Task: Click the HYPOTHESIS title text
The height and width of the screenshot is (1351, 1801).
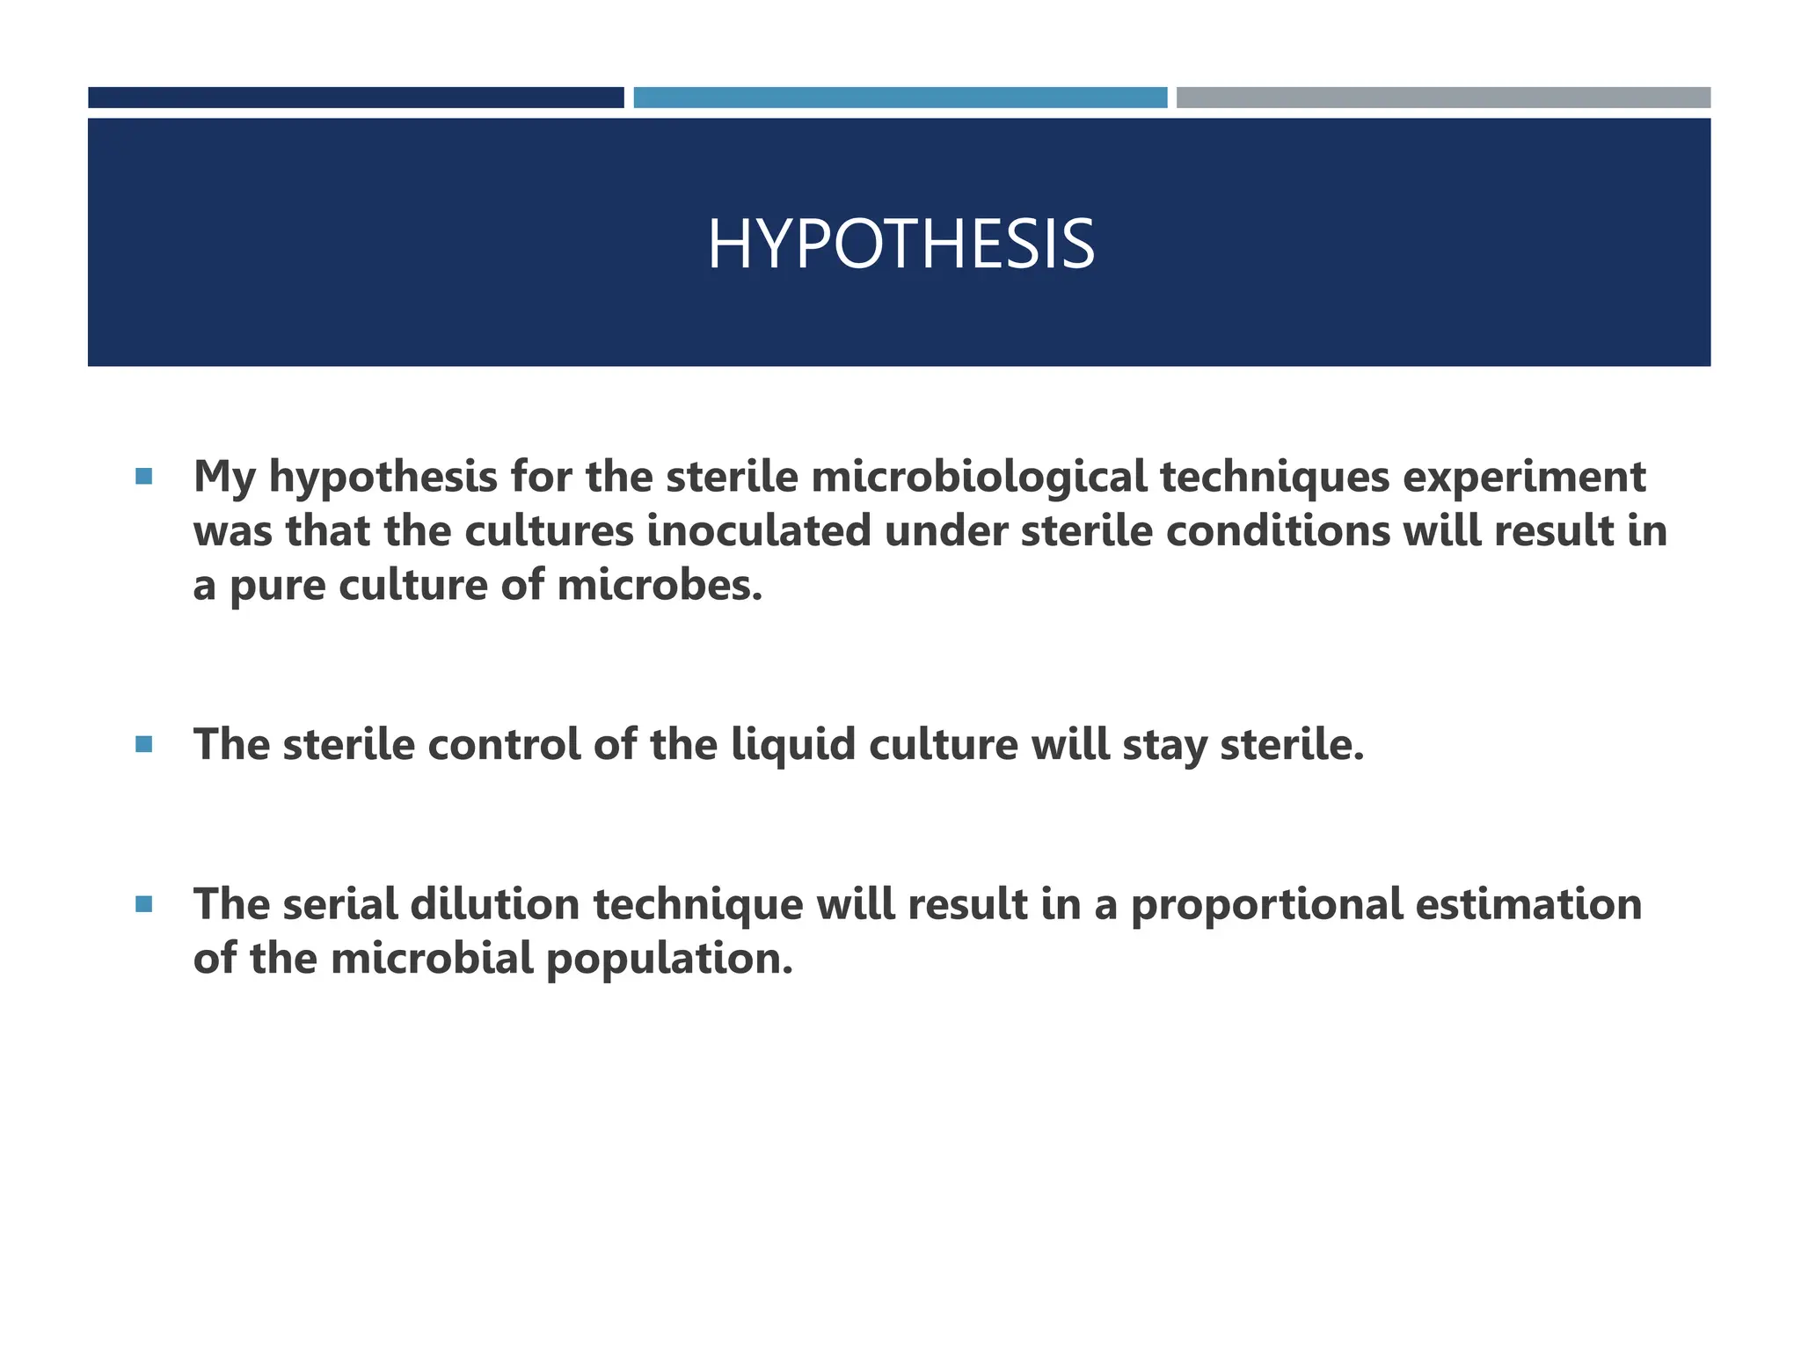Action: [900, 245]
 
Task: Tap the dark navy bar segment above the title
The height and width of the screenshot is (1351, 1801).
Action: [355, 98]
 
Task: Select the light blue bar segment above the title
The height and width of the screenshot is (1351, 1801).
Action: [900, 98]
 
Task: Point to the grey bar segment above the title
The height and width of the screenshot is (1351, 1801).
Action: [1443, 98]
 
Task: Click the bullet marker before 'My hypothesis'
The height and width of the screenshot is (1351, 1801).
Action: [144, 478]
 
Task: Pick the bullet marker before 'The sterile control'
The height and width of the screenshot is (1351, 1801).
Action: [144, 745]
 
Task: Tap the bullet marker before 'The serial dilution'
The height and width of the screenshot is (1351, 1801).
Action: [144, 904]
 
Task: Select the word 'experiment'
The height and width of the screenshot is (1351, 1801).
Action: [1523, 478]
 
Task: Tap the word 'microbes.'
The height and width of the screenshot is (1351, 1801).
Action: [660, 586]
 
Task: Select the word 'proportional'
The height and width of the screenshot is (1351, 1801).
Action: [1266, 906]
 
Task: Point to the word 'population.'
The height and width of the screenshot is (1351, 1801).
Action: [669, 960]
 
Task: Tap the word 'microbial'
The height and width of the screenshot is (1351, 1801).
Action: [432, 958]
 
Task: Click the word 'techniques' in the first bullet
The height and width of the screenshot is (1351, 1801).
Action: [1274, 478]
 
